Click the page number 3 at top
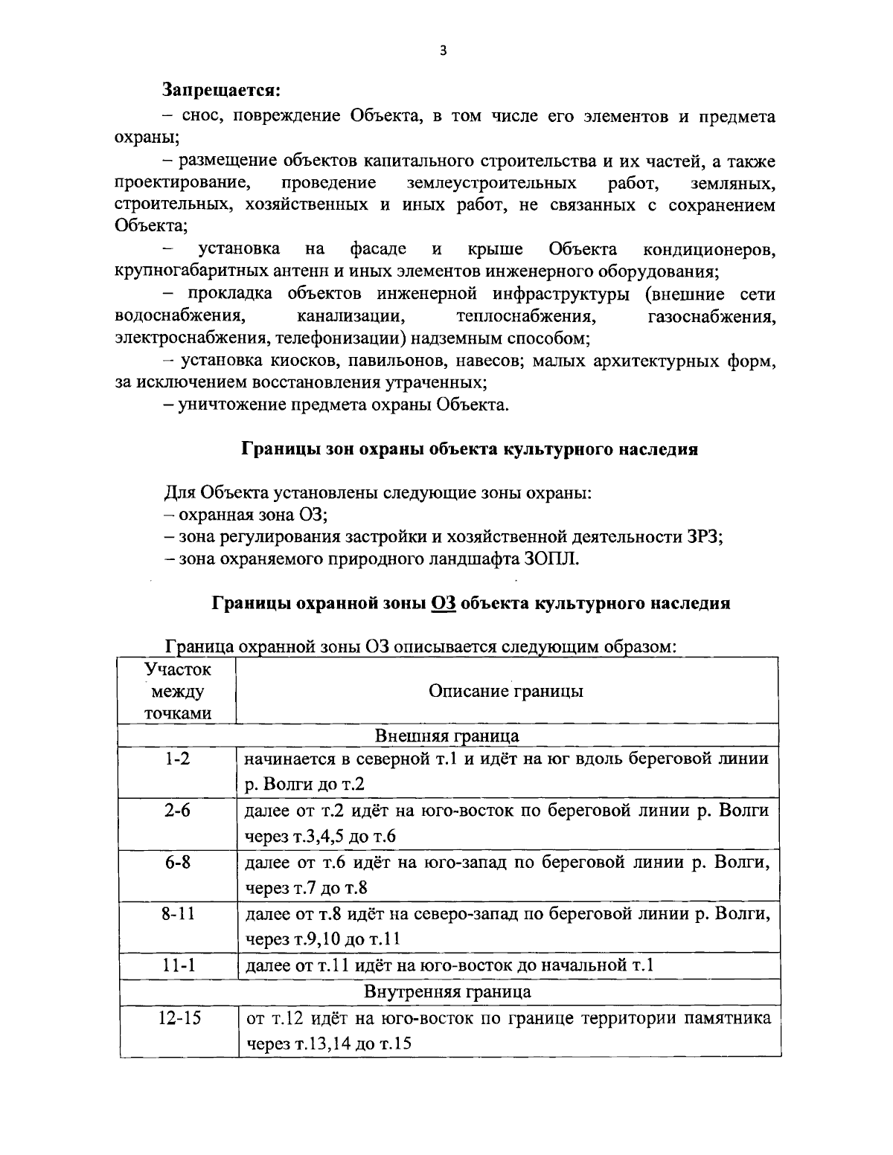444,51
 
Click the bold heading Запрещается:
222,91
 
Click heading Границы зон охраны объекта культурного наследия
469,450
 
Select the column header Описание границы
506,691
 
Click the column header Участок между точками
177,691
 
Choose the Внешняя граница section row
447,736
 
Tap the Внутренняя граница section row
447,991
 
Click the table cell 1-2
177,759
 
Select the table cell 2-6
177,811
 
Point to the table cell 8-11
177,913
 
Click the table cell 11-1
177,965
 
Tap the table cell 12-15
177,1017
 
